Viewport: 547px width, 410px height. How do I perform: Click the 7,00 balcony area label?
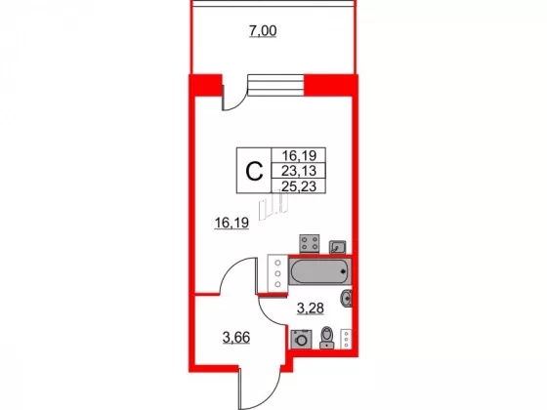click(263, 31)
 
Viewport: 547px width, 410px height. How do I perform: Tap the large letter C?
click(254, 171)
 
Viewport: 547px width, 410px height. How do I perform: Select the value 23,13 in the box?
click(299, 171)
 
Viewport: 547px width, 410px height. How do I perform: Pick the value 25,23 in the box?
click(299, 186)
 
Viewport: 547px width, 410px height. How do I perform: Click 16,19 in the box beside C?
click(299, 155)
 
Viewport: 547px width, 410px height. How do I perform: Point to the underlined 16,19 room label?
click(231, 223)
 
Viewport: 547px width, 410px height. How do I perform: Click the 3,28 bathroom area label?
click(311, 308)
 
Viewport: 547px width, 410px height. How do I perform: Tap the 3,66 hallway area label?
click(236, 338)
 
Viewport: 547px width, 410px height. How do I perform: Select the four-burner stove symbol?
click(310, 243)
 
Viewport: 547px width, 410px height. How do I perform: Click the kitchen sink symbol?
click(338, 247)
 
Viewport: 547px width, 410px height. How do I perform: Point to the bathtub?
click(320, 271)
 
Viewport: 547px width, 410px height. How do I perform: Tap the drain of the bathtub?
click(344, 271)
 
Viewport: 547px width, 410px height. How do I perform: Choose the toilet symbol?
click(327, 338)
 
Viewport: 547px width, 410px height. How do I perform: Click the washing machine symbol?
click(301, 340)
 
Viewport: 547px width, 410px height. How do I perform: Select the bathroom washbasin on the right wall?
click(347, 299)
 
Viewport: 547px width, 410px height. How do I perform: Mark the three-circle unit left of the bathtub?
click(277, 273)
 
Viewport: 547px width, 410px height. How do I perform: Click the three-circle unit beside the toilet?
click(346, 339)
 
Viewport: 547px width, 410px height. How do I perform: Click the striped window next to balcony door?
click(275, 85)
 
